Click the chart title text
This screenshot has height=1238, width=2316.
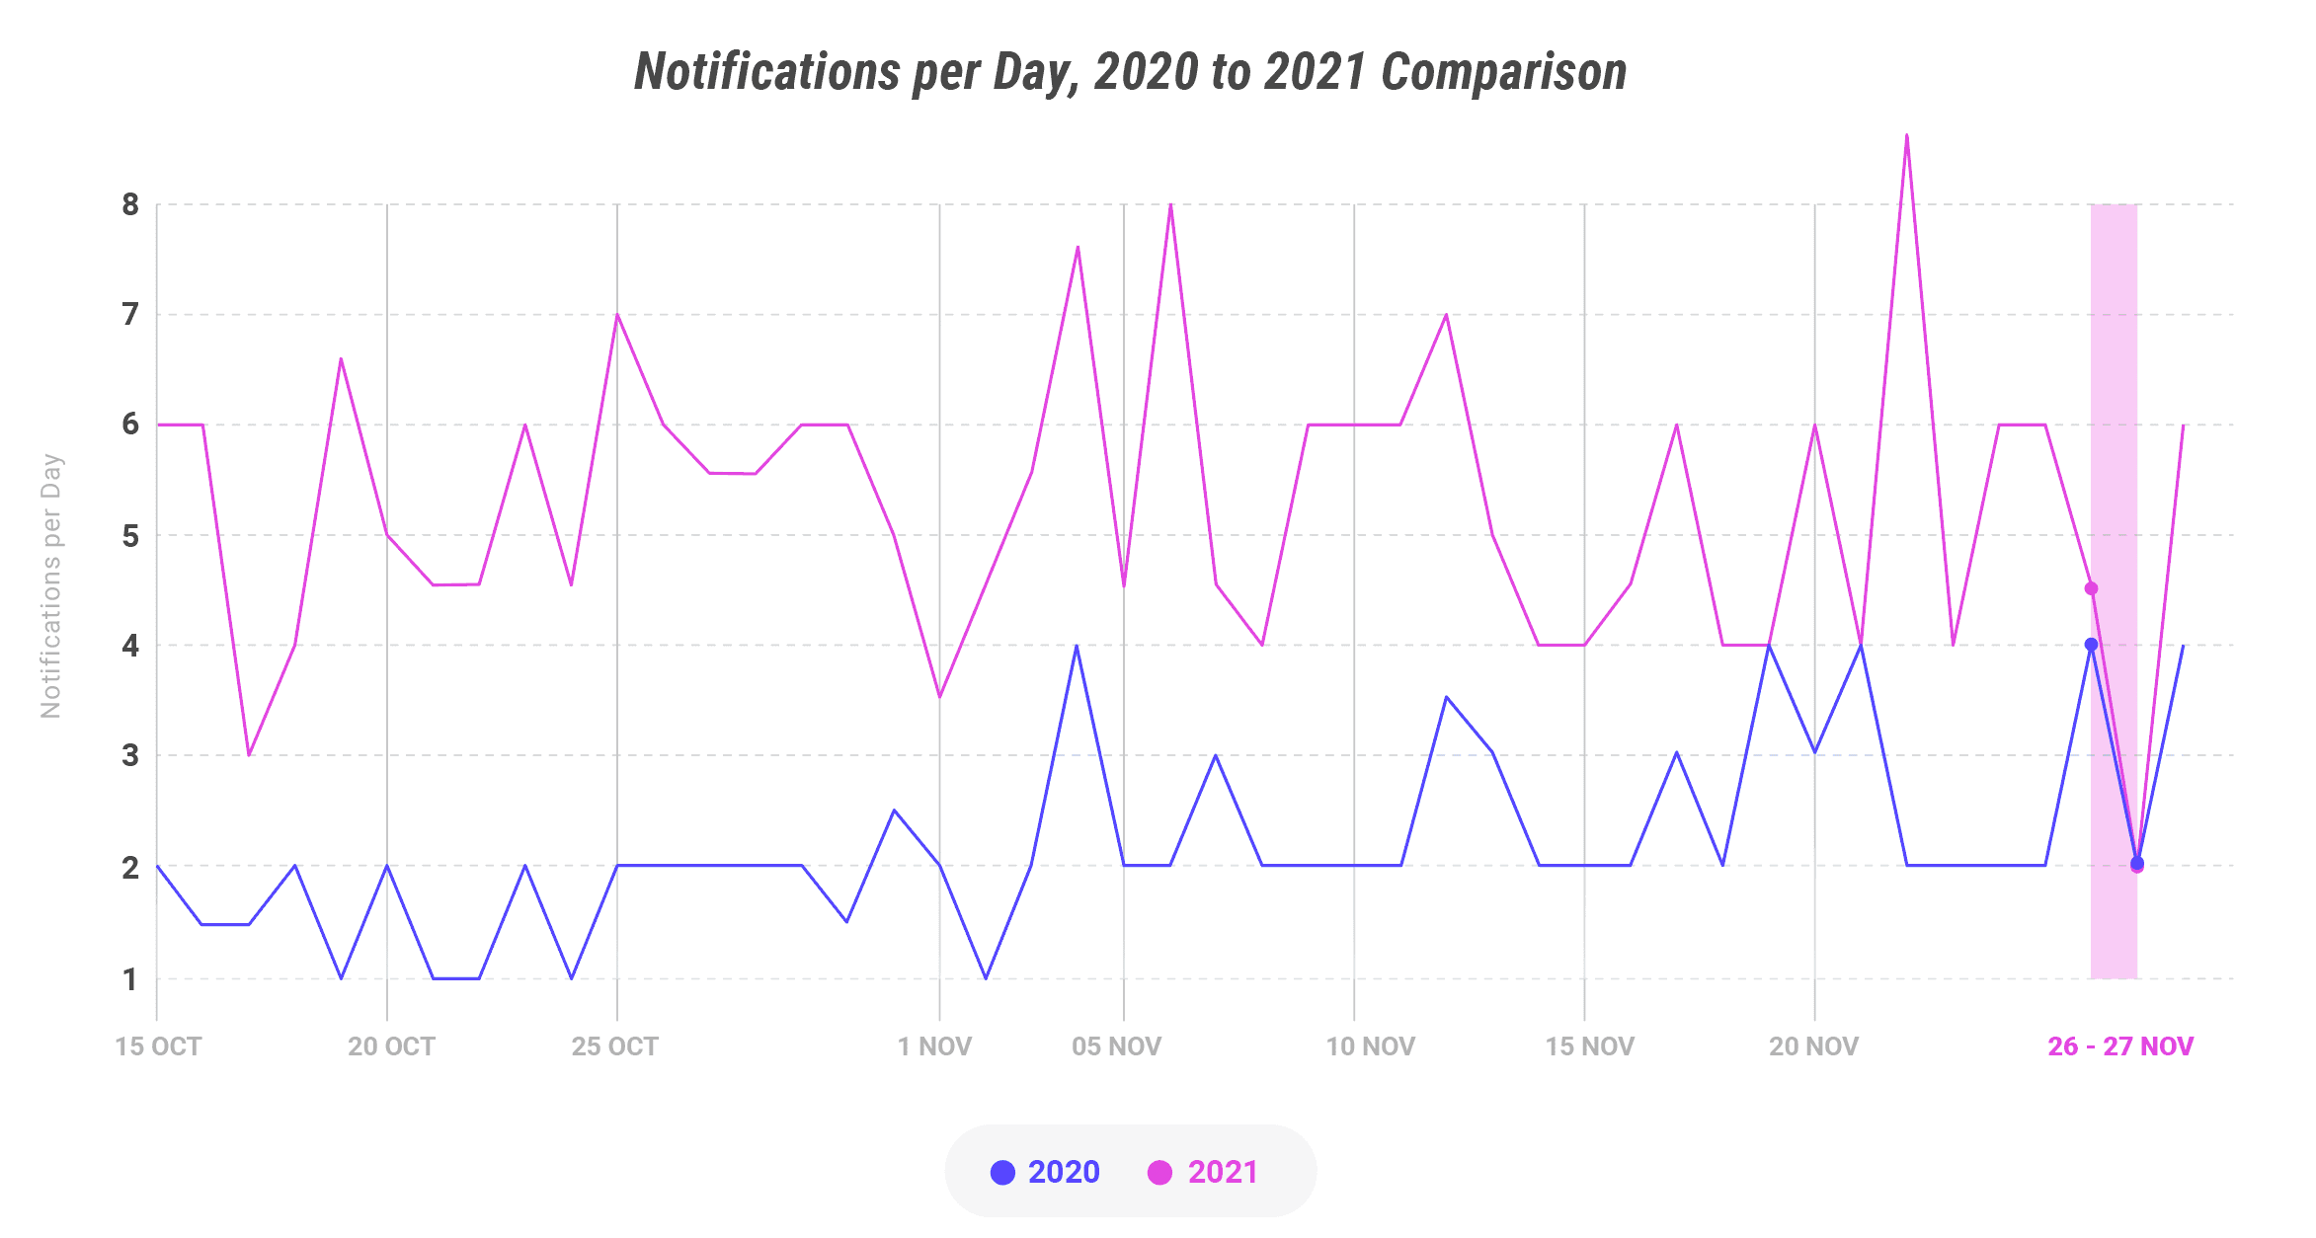pos(1130,72)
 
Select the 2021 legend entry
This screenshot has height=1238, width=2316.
pos(1204,1172)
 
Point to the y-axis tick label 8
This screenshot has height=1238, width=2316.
pos(130,205)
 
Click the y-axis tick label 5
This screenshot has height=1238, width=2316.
pos(130,536)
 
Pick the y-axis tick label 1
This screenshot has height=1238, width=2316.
pos(130,979)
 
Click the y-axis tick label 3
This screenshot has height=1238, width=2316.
pos(130,756)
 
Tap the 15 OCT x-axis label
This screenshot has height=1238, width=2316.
pos(158,1046)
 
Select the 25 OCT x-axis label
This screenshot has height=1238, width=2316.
pos(614,1046)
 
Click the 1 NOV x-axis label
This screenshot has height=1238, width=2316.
pos(934,1046)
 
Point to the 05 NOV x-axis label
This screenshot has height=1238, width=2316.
pos(1116,1046)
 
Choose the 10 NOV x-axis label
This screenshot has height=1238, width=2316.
pos(1370,1046)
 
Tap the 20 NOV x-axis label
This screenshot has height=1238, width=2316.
pos(1813,1046)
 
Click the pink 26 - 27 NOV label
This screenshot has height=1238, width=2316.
pos(2119,1046)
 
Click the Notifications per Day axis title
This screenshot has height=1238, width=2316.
pos(51,585)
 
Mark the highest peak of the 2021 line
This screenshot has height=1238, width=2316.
pos(1906,135)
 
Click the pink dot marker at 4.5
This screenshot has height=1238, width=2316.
pos(2091,588)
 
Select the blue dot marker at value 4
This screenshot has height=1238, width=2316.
pos(2091,645)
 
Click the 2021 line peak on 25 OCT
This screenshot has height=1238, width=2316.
pos(617,315)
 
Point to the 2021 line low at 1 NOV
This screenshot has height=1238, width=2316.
pos(939,697)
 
